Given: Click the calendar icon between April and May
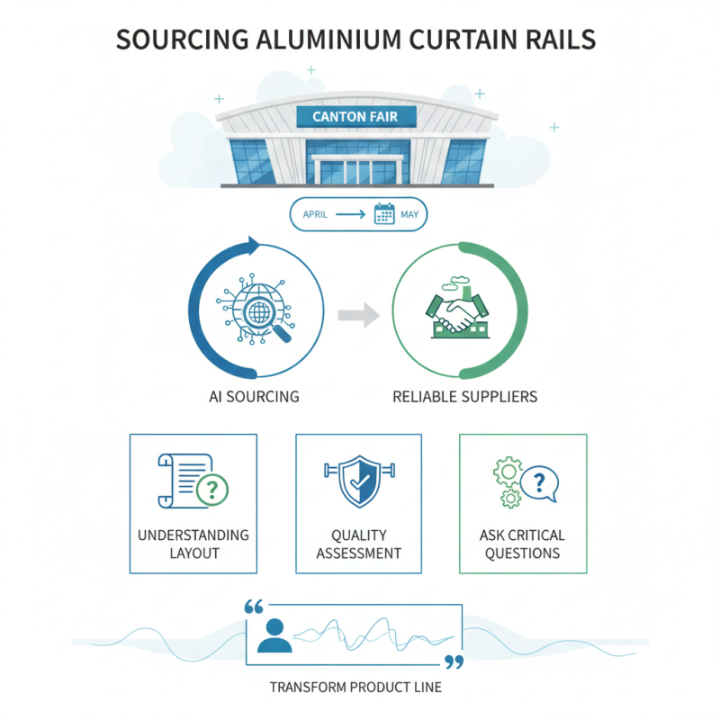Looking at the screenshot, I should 384,214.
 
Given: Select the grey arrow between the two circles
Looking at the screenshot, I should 358,315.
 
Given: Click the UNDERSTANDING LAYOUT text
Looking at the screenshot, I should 193,544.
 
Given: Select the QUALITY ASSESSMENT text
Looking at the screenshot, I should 359,544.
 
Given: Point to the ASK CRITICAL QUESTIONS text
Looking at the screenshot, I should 523,544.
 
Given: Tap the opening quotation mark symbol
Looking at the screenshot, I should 254,607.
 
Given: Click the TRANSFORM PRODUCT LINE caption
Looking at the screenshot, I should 355,688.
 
